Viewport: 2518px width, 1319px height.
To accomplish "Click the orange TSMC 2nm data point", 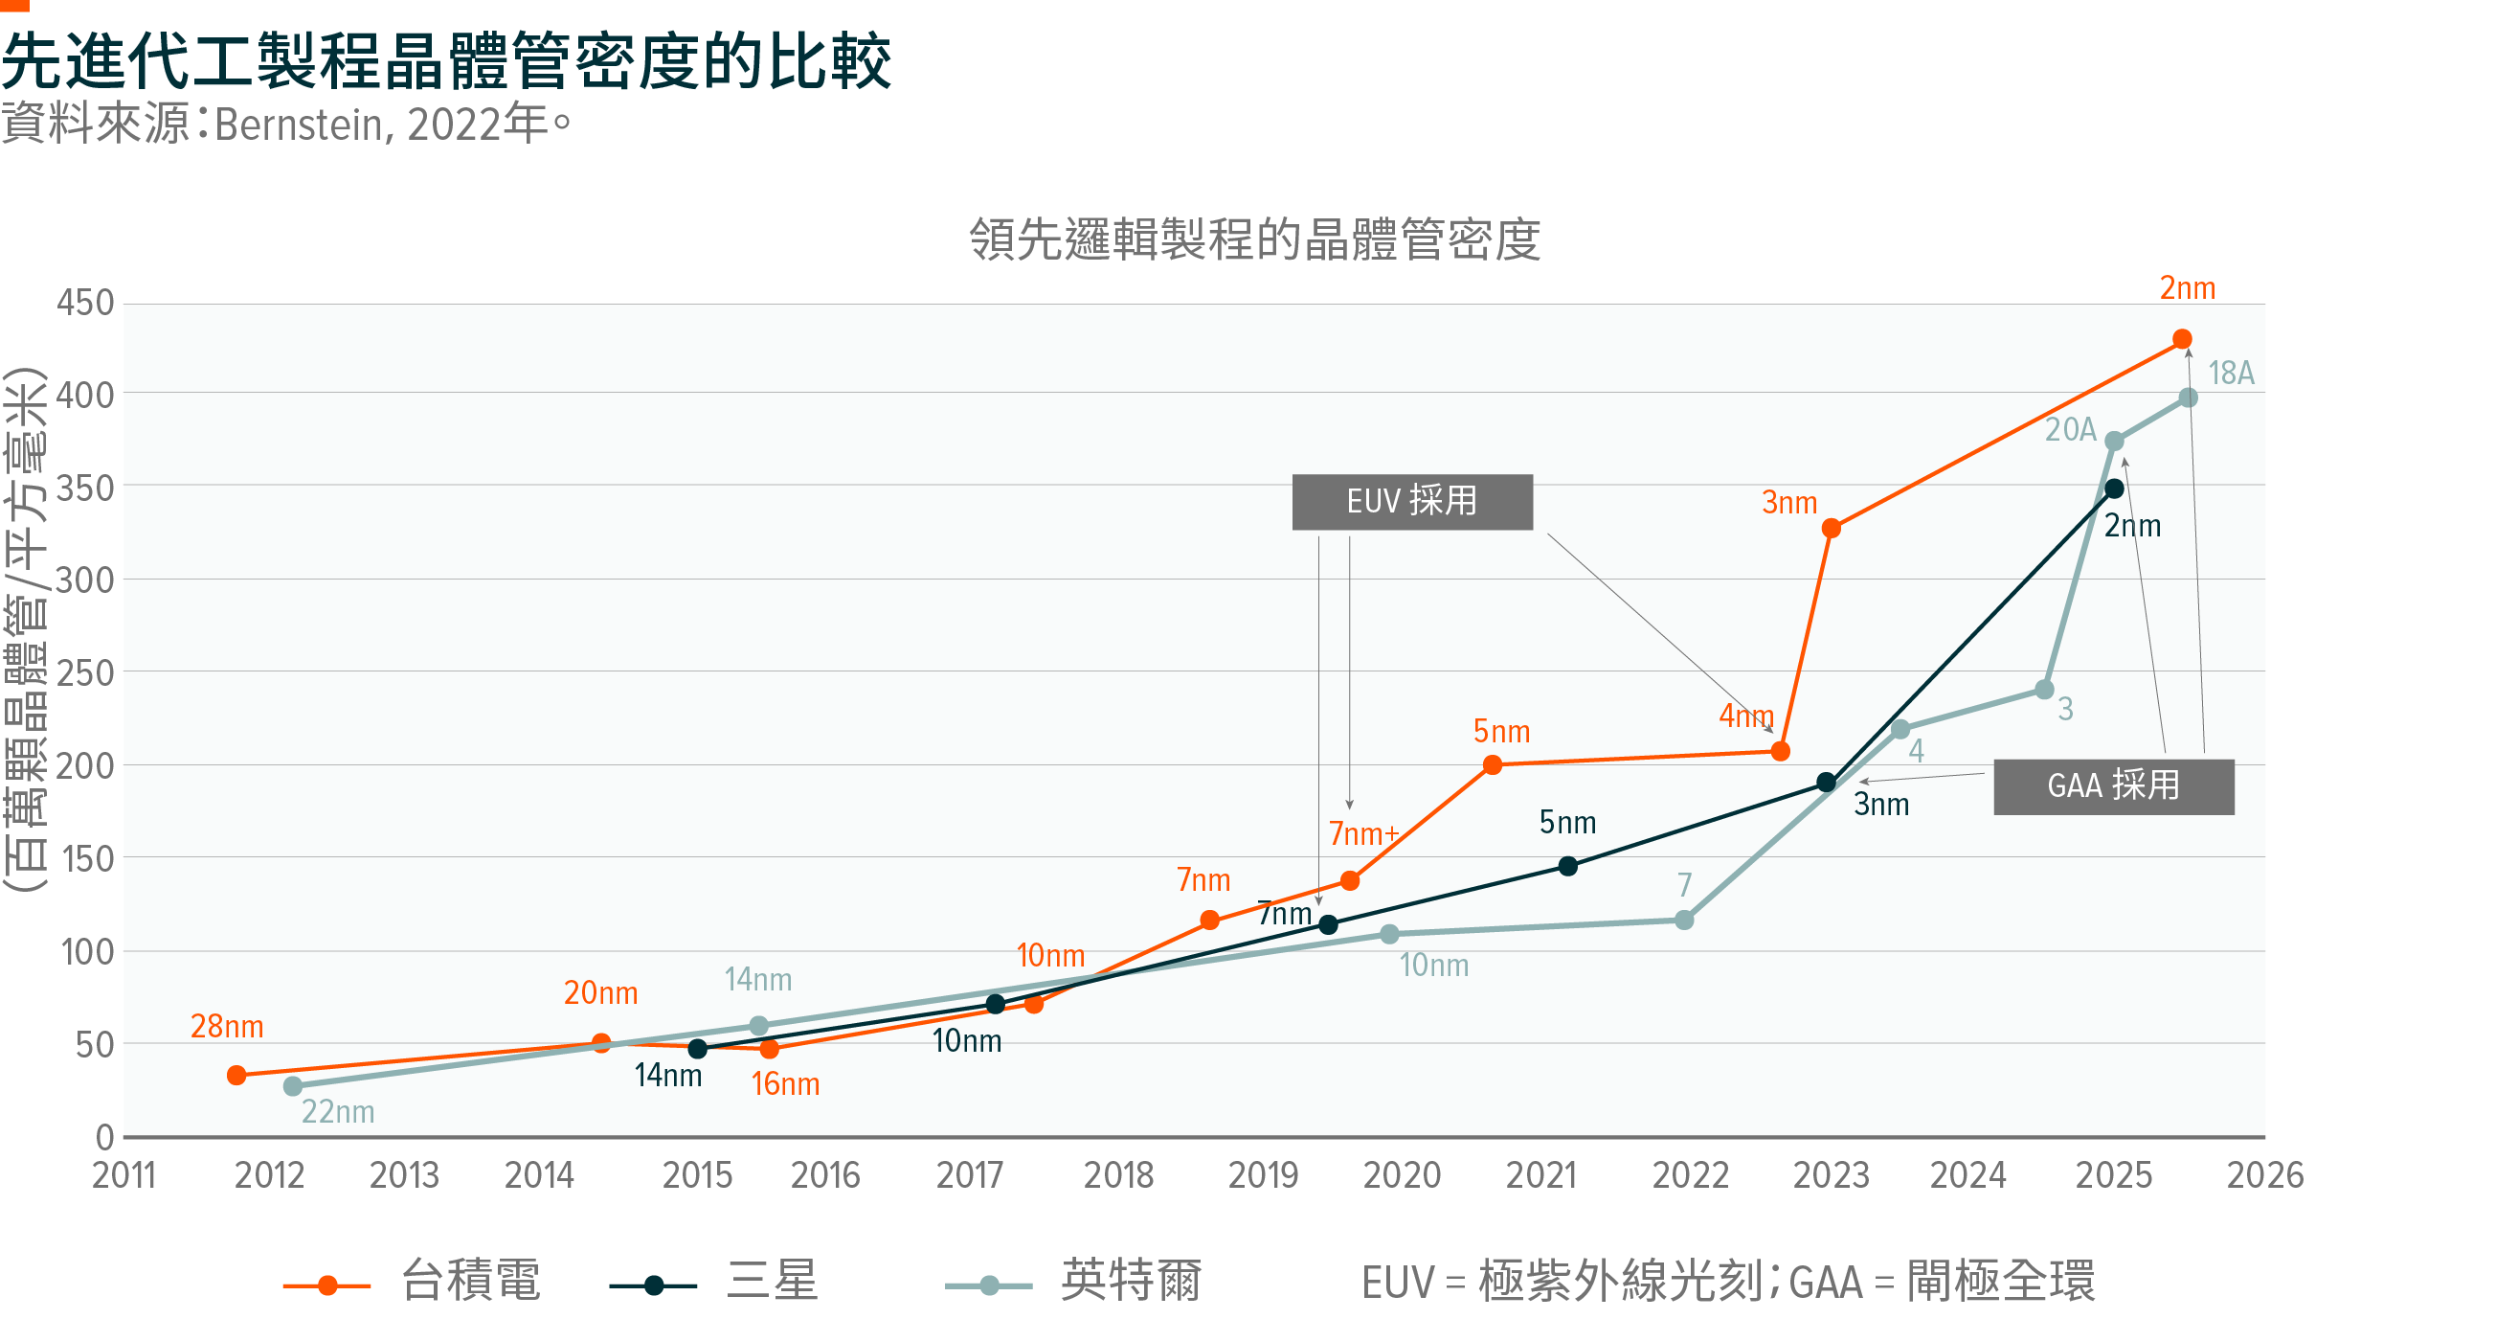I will click(x=2182, y=339).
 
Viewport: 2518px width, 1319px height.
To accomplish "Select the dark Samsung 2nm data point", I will click(x=2114, y=489).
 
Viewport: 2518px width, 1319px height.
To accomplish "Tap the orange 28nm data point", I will click(x=236, y=1076).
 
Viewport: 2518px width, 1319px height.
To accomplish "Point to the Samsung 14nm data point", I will click(x=698, y=1049).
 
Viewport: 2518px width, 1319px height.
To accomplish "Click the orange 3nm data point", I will click(x=1832, y=529).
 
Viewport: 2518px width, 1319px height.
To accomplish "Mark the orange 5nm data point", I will click(x=1493, y=764).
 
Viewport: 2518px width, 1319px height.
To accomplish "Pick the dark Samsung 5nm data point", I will click(x=1568, y=866).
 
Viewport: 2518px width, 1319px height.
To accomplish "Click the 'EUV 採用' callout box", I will click(x=1412, y=503).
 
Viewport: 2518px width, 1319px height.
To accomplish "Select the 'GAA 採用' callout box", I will click(x=2113, y=786).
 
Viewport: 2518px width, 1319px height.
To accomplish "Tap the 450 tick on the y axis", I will click(x=86, y=303).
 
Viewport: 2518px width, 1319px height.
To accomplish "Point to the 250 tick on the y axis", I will click(x=86, y=673).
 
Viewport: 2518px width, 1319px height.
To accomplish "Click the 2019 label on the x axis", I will click(x=1263, y=1175).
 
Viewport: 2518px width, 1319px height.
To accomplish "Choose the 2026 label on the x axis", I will click(x=2265, y=1175).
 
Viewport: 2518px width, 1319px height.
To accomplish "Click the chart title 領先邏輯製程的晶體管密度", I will click(x=1254, y=240).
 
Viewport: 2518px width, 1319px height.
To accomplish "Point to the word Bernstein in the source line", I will click(x=298, y=125).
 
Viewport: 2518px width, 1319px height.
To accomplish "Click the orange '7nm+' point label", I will click(x=1363, y=834).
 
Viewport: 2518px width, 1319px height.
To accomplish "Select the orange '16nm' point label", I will click(x=785, y=1084).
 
